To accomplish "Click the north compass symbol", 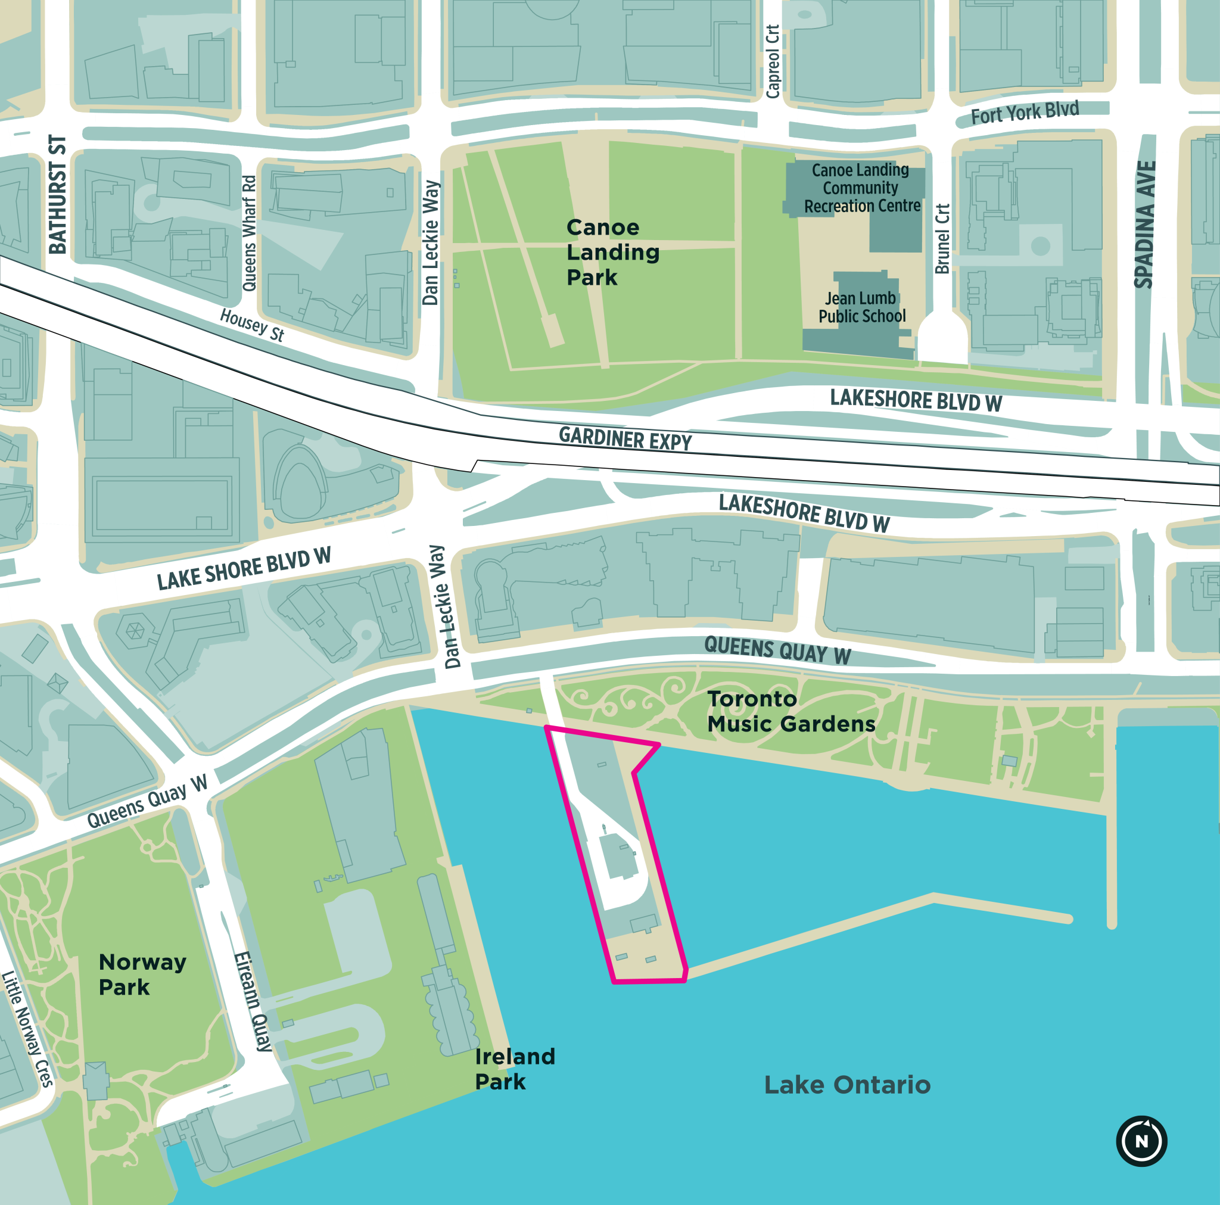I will (x=1141, y=1141).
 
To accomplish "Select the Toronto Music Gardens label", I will (x=790, y=711).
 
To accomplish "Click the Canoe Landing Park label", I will (x=612, y=252).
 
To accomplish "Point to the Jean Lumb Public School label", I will (x=861, y=307).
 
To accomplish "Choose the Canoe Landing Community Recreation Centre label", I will (x=861, y=188).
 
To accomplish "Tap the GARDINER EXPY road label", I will (x=624, y=438).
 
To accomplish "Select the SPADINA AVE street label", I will (x=1144, y=224).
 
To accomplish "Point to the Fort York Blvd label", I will (x=1024, y=113).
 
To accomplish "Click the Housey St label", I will (x=252, y=325).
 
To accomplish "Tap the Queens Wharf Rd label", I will (x=250, y=233).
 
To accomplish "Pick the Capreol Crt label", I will (x=772, y=61).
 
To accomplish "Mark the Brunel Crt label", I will (x=942, y=239).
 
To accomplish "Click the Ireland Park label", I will (x=514, y=1069).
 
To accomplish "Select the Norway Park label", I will (x=142, y=974).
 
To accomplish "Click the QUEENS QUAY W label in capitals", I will (x=777, y=650).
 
